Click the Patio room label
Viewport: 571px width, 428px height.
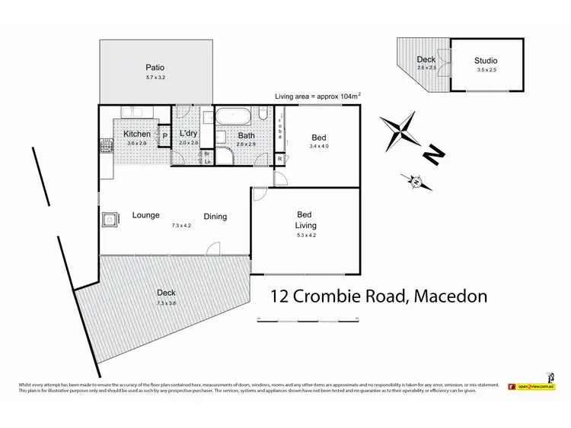155,66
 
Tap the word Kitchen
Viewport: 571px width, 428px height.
138,135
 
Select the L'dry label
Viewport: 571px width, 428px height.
188,135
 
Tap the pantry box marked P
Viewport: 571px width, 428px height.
165,137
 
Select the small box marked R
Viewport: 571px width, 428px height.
280,159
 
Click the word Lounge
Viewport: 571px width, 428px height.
145,215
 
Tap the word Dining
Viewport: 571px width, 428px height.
215,217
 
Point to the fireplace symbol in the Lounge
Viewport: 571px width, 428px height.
110,220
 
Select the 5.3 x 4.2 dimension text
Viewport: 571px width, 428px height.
306,236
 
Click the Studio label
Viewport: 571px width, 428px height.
486,60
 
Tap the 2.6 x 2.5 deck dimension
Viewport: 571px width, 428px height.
426,68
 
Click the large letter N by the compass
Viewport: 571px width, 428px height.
433,154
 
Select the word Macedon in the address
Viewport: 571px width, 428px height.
450,296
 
